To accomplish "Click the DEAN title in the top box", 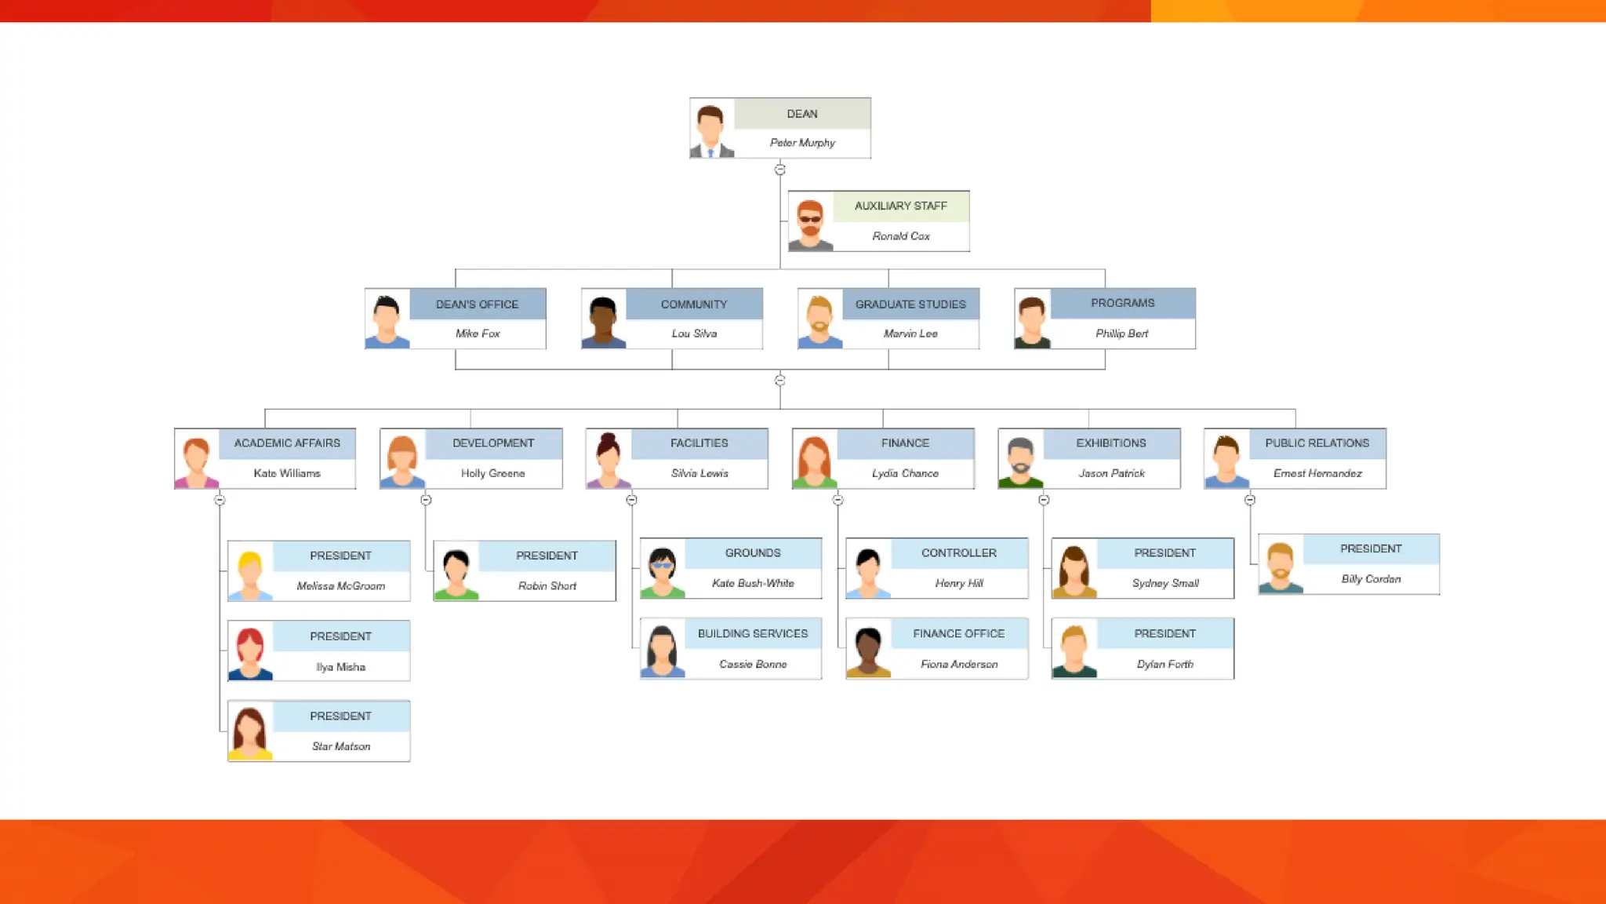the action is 802,114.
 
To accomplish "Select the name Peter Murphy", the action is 802,143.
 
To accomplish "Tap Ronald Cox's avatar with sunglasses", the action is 810,223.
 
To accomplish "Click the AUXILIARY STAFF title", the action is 900,206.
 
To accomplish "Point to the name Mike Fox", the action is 478,334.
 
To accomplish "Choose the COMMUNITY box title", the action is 694,304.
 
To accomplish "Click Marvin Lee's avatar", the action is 819,320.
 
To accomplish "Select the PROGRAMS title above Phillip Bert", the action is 1122,303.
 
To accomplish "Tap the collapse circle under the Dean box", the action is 779,169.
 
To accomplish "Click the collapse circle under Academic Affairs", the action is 220,500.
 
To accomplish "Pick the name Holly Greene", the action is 492,473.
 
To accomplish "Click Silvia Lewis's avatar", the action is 608,460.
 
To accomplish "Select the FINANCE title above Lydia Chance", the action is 905,443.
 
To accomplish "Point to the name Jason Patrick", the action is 1111,473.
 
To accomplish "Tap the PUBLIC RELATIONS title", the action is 1317,443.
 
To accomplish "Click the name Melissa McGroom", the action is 340,586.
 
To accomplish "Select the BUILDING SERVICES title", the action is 752,633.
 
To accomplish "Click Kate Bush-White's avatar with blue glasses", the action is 662,570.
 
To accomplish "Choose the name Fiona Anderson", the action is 959,664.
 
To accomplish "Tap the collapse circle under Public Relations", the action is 1250,500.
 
